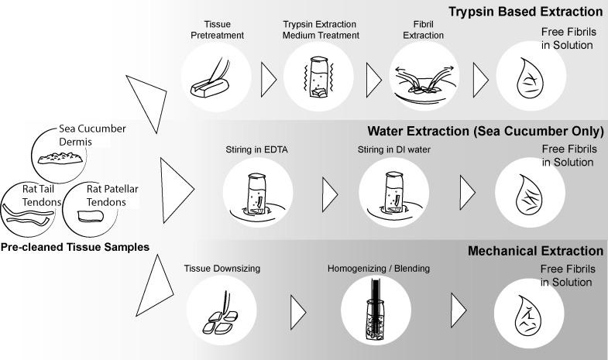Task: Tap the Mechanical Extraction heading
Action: coord(535,251)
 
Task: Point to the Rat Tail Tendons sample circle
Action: coord(28,210)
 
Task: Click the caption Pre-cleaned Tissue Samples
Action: coord(75,248)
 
